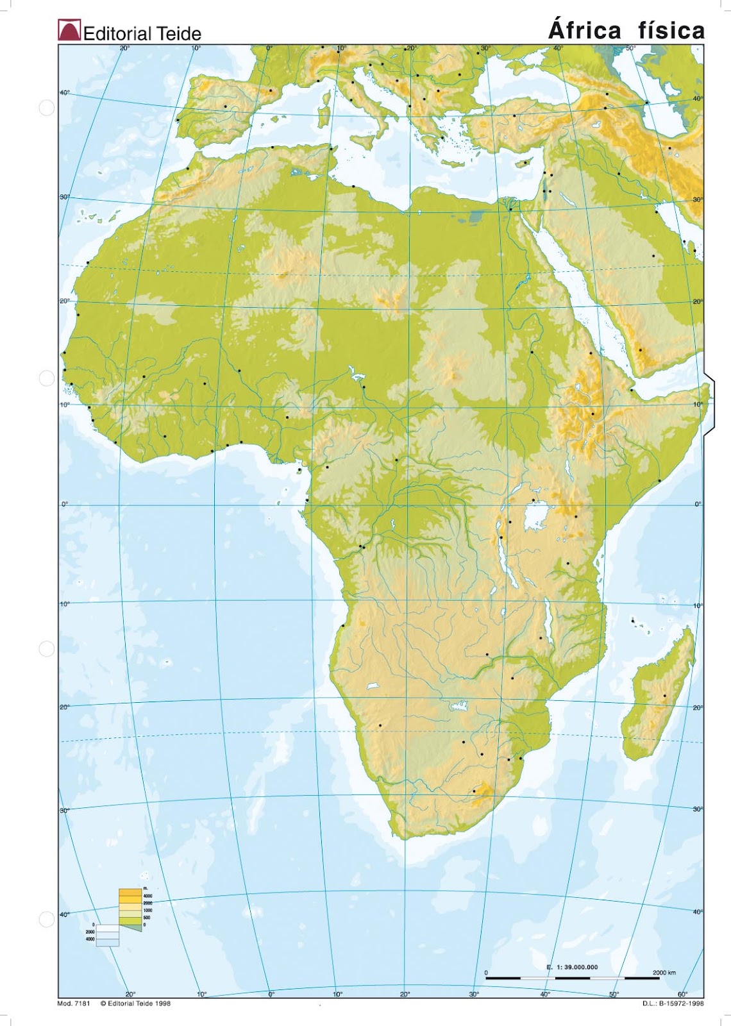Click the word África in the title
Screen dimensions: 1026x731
point(585,30)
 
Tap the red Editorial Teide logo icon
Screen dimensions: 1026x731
point(69,31)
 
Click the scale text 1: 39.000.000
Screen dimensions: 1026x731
point(567,967)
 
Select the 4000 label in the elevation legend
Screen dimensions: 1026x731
point(147,895)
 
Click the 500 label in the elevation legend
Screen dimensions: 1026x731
point(147,918)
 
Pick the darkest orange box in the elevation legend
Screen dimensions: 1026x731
point(130,892)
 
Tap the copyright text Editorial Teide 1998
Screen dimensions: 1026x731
point(136,1004)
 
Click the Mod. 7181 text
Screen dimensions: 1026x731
point(74,1004)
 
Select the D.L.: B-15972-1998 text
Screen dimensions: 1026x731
point(673,1004)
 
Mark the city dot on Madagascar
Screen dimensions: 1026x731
point(664,696)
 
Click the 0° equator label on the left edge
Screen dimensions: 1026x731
point(64,504)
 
